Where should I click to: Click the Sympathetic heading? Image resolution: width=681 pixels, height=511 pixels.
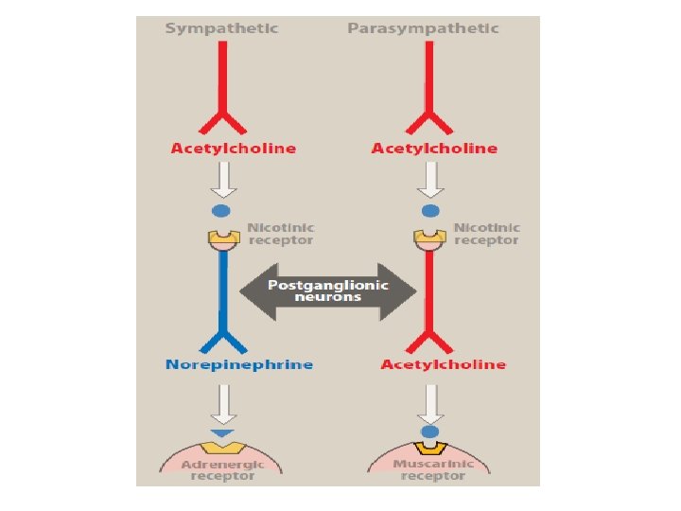coord(221,28)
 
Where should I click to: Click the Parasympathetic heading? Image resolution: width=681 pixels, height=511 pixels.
coord(423,28)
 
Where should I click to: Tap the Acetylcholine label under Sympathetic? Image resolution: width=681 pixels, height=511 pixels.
coord(233,149)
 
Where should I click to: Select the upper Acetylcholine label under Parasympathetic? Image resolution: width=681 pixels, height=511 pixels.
coord(434,149)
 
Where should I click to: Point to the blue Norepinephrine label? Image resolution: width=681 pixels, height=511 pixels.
coord(238,364)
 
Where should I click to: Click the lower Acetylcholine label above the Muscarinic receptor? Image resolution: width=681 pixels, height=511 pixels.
coord(443,364)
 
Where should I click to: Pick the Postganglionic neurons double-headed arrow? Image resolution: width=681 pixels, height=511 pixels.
coord(327,291)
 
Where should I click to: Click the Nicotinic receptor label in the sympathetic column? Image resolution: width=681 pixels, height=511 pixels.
coord(281,234)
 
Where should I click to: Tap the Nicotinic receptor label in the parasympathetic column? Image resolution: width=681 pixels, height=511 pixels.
coord(486,234)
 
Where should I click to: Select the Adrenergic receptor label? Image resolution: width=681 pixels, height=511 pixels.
coord(223,469)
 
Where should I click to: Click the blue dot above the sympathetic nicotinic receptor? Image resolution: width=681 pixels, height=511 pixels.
coord(222,211)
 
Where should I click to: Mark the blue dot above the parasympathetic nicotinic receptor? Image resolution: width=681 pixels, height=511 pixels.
coord(431,211)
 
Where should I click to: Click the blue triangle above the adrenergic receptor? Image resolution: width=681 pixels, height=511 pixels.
coord(223,433)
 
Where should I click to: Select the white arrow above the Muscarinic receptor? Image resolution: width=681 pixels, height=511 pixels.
coord(431,403)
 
